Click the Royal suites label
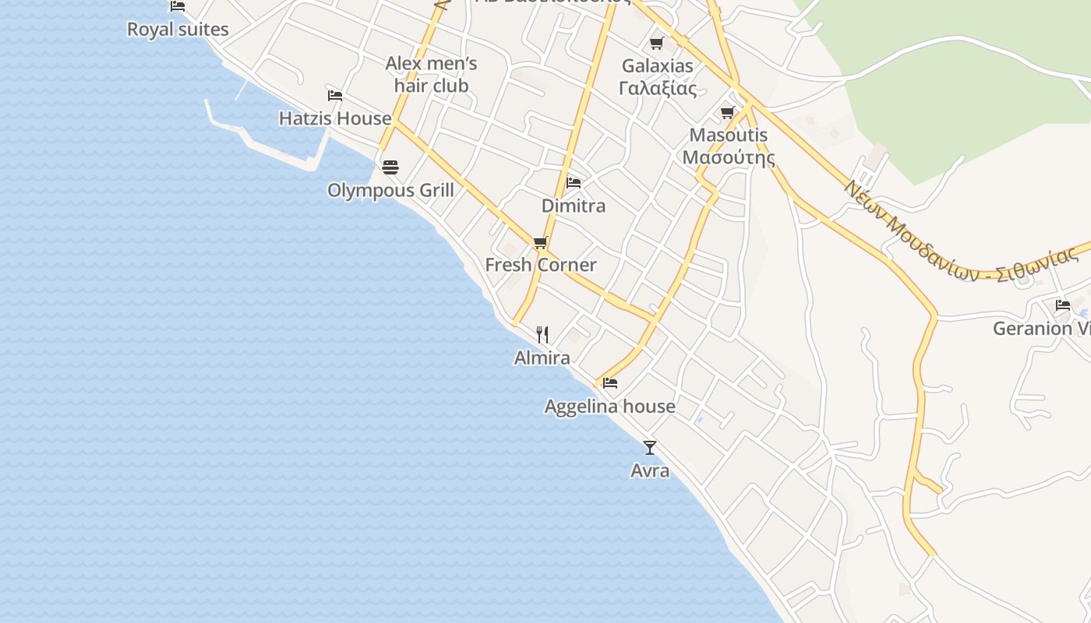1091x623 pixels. pyautogui.click(x=178, y=30)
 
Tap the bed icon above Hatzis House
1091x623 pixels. pyautogui.click(x=335, y=96)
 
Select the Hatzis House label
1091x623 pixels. pyautogui.click(x=335, y=118)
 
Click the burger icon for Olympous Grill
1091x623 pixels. pyautogui.click(x=390, y=167)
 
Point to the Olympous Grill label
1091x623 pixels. pyautogui.click(x=390, y=190)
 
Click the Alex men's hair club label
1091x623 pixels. pyautogui.click(x=431, y=74)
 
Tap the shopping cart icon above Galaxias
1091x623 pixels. pyautogui.click(x=657, y=43)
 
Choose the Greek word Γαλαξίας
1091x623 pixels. pyautogui.click(x=658, y=88)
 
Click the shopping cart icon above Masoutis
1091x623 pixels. pyautogui.click(x=728, y=113)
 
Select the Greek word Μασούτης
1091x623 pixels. pyautogui.click(x=729, y=157)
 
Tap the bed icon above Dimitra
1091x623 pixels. pyautogui.click(x=574, y=183)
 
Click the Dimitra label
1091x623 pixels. pyautogui.click(x=574, y=206)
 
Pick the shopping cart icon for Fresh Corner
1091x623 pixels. pyautogui.click(x=541, y=242)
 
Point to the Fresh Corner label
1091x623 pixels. pyautogui.click(x=541, y=265)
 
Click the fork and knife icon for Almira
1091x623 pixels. pyautogui.click(x=542, y=335)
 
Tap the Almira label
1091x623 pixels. pyautogui.click(x=542, y=357)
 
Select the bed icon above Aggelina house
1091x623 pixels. pyautogui.click(x=610, y=383)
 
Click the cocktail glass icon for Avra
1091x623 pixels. pyautogui.click(x=650, y=448)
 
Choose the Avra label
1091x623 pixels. pyautogui.click(x=650, y=470)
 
